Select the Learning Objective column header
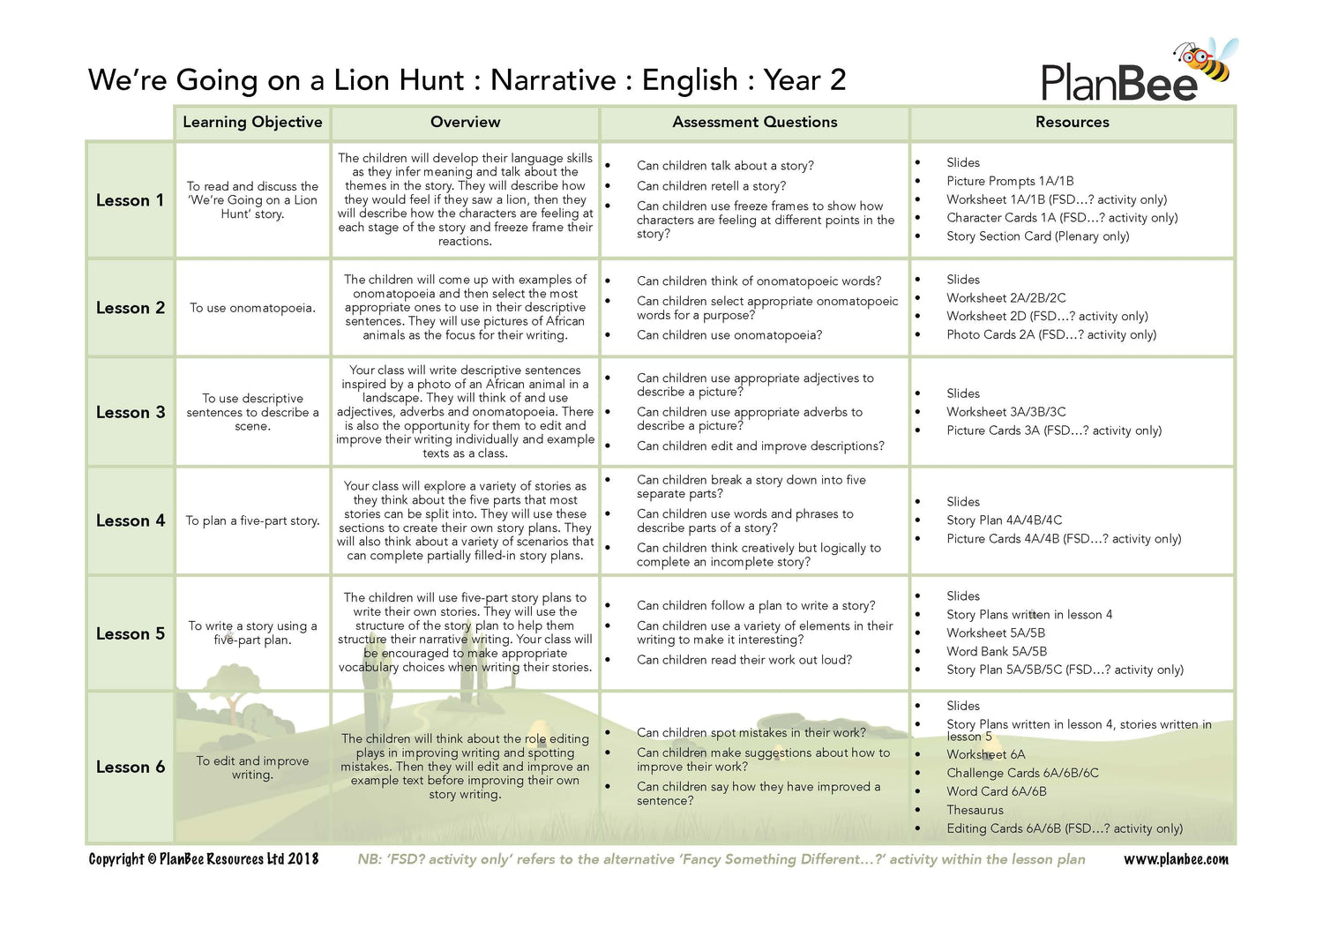pyautogui.click(x=252, y=122)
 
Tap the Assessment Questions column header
pyautogui.click(x=754, y=122)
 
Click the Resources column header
pyautogui.click(x=1072, y=122)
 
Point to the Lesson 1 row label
pyautogui.click(x=130, y=200)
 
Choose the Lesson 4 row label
pyautogui.click(x=130, y=520)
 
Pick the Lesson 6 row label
pyautogui.click(x=130, y=767)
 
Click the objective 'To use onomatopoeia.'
pyautogui.click(x=252, y=308)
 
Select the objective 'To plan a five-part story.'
pyautogui.click(x=252, y=520)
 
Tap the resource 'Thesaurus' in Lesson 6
pyautogui.click(x=975, y=810)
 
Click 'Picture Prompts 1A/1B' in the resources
pyautogui.click(x=1010, y=181)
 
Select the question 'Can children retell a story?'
pyautogui.click(x=711, y=186)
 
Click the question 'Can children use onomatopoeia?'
pyautogui.click(x=729, y=335)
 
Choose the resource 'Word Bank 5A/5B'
pyautogui.click(x=996, y=651)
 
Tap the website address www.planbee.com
pyautogui.click(x=1175, y=859)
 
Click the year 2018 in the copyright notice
pyautogui.click(x=303, y=859)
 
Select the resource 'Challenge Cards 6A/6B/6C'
pyautogui.click(x=1022, y=773)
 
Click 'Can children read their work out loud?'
pyautogui.click(x=744, y=660)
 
